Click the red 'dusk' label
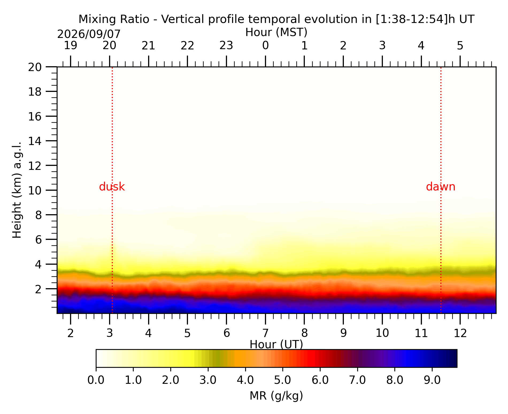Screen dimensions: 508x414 (x=112, y=187)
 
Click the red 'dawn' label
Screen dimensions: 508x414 (x=441, y=187)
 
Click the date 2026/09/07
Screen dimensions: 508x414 (x=89, y=34)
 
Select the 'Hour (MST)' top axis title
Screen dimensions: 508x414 (x=276, y=32)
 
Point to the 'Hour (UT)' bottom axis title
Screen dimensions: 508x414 (x=276, y=345)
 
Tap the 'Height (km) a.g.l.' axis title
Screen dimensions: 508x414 (x=17, y=190)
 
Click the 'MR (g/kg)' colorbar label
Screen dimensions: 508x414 (x=276, y=396)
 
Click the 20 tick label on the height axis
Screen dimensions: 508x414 (x=35, y=67)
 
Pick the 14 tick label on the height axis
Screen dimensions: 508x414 (x=35, y=141)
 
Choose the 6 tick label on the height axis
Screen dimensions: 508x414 (x=39, y=240)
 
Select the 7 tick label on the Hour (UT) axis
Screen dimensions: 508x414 (x=265, y=333)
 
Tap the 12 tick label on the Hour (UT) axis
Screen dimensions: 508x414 (x=460, y=333)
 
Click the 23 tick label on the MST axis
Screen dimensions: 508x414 (x=226, y=46)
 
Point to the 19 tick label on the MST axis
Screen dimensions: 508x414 (x=71, y=46)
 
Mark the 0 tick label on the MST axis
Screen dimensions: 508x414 (x=265, y=46)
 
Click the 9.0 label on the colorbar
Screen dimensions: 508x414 (x=432, y=380)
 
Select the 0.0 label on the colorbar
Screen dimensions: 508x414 (x=96, y=380)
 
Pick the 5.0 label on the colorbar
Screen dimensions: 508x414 (x=283, y=380)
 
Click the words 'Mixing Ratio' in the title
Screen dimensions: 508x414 (x=114, y=19)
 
